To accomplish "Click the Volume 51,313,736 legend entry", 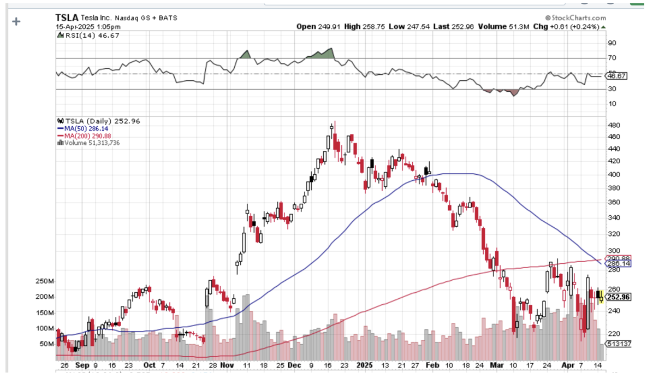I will point(90,143).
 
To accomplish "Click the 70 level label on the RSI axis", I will point(612,58).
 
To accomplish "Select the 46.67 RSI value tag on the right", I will point(618,76).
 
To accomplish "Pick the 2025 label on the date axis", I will point(363,365).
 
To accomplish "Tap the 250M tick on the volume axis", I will point(45,281).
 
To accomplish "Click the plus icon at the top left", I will point(16,21).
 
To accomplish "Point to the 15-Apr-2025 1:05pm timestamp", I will point(88,26).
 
